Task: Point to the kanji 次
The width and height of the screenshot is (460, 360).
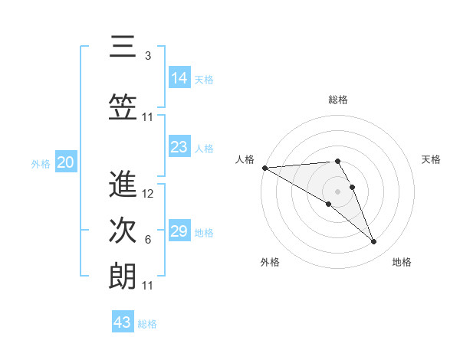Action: click(x=123, y=231)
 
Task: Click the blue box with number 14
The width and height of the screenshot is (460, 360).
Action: click(x=179, y=78)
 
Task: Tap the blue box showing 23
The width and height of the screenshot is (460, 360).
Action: click(x=179, y=147)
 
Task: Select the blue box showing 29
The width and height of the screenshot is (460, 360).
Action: click(x=179, y=231)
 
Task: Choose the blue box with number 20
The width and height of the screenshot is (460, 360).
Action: click(x=66, y=162)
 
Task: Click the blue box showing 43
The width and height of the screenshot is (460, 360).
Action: click(x=123, y=322)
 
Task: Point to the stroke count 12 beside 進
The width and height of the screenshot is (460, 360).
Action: click(x=149, y=193)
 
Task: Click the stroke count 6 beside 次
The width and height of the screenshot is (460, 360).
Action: click(x=148, y=240)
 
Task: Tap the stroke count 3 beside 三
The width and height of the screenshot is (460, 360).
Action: click(x=148, y=55)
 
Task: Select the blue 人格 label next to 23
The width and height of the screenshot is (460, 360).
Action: click(x=204, y=148)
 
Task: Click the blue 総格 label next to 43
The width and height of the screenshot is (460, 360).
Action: click(x=147, y=323)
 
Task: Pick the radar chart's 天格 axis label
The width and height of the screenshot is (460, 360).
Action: click(x=432, y=159)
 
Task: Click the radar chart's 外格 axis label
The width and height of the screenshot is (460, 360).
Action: click(x=269, y=262)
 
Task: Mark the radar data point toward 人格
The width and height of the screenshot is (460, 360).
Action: click(x=264, y=168)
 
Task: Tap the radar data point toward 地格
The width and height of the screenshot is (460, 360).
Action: click(x=374, y=242)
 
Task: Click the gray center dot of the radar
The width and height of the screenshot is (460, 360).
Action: click(x=337, y=191)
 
